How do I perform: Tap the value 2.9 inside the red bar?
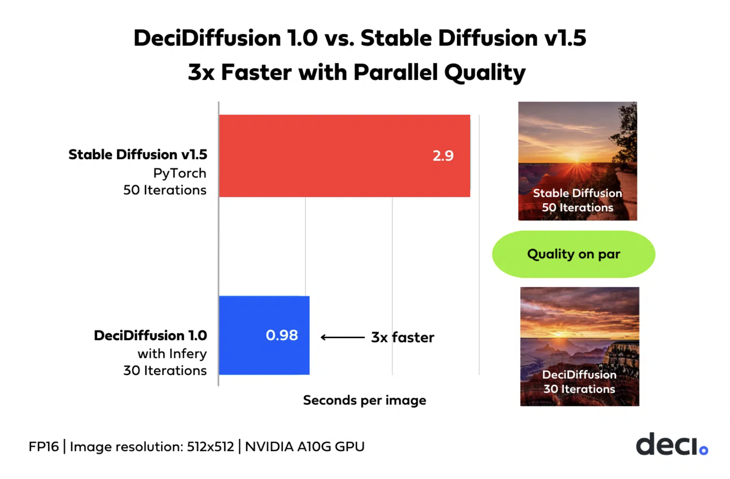443,156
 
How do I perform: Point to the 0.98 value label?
282,335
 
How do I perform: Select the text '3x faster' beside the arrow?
403,337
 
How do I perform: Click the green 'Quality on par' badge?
573,254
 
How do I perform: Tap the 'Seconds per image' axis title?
364,400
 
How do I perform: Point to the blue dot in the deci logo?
703,450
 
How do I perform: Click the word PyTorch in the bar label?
180,173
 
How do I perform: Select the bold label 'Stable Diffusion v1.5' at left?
138,155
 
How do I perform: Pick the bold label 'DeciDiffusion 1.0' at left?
150,335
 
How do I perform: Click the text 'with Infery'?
172,354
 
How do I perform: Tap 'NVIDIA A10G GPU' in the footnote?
305,447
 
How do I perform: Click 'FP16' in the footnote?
44,447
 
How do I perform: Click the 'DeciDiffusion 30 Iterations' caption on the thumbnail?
579,382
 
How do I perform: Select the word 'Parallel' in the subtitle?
395,73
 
